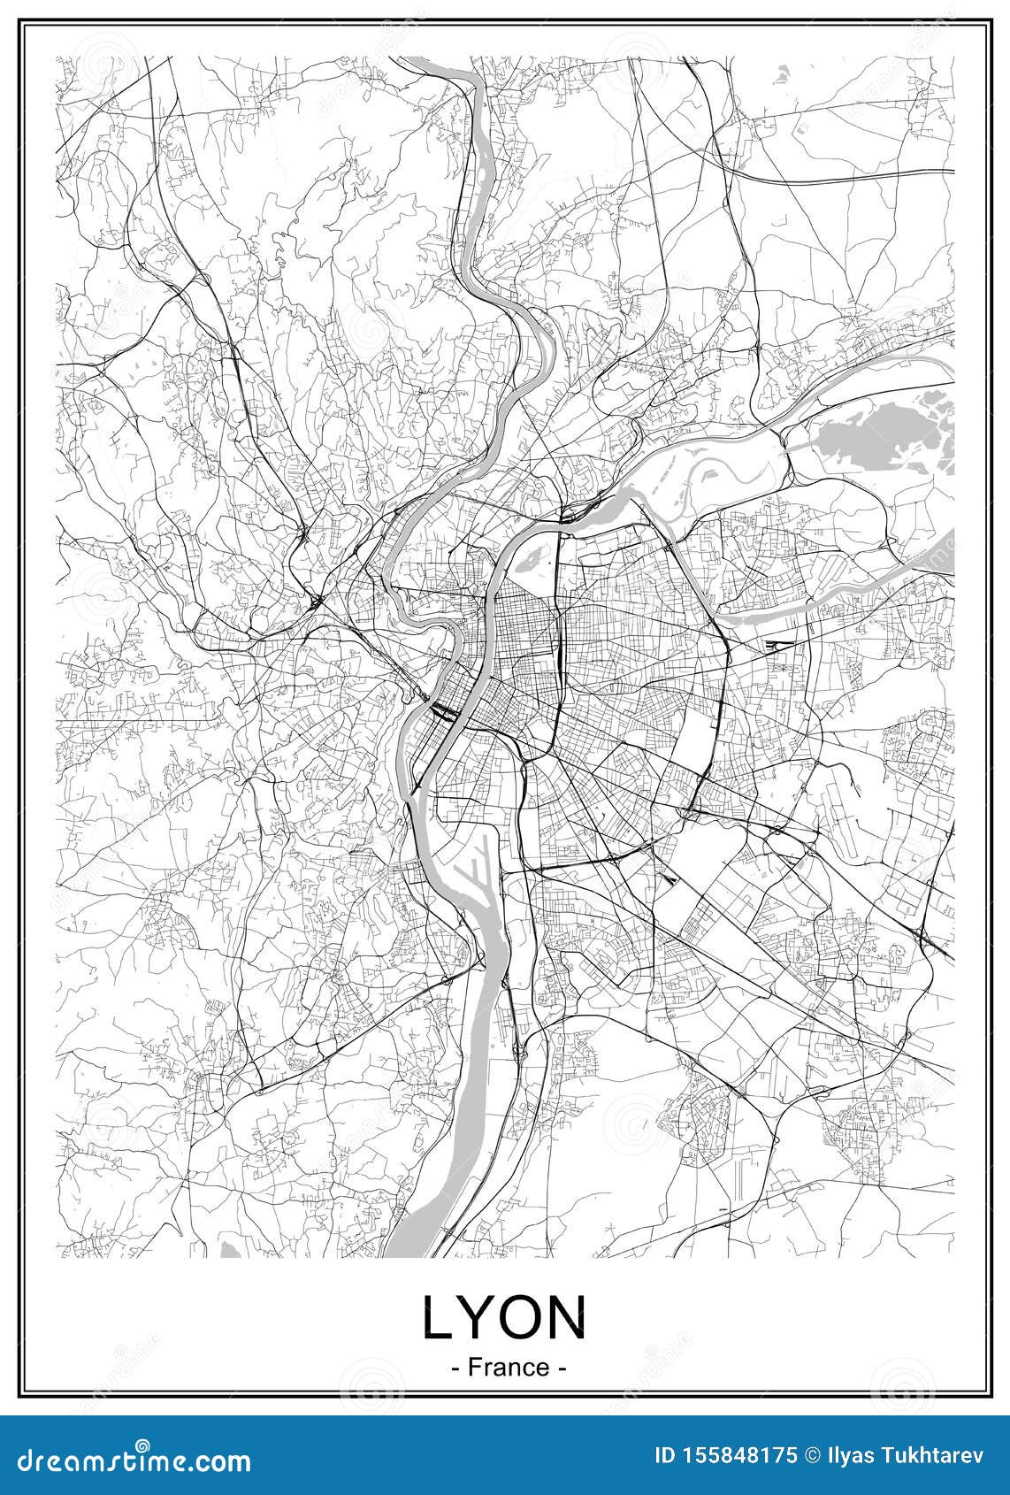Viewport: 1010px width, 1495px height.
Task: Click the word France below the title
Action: point(509,1367)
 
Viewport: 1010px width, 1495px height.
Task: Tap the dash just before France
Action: point(455,1368)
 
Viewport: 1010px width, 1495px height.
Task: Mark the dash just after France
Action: point(562,1368)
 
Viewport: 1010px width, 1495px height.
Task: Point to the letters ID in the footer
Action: point(665,1456)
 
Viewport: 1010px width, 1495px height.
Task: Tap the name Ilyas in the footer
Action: point(853,1456)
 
